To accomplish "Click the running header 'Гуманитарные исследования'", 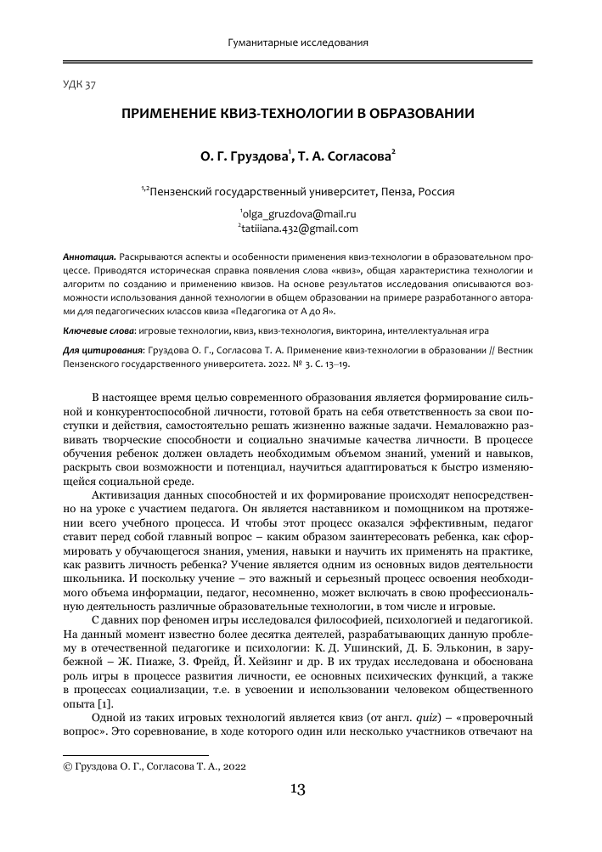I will (x=300, y=42).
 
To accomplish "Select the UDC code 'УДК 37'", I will (x=80, y=85).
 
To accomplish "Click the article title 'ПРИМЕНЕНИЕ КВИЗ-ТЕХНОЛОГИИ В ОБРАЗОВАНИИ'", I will (x=301, y=113).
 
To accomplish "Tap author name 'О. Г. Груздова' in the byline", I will (x=245, y=156).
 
